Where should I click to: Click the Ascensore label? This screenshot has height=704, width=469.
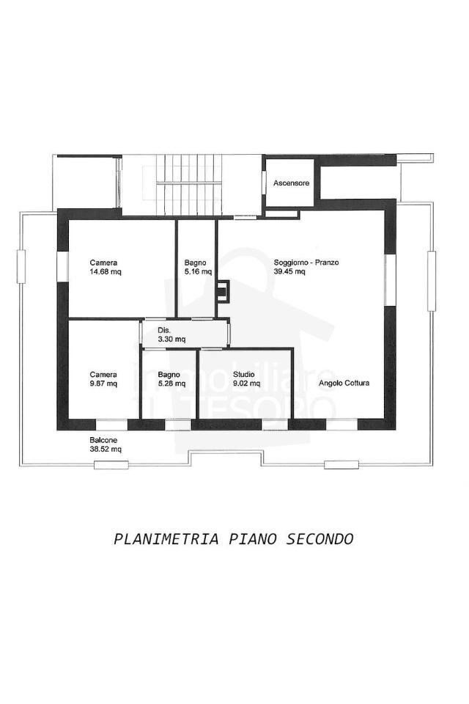click(x=292, y=183)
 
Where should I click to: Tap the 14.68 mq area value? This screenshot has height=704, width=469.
click(x=106, y=271)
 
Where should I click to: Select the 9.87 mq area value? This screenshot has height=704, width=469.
click(x=103, y=384)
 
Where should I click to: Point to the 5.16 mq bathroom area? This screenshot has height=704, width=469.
click(x=198, y=271)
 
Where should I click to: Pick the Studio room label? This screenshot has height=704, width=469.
click(x=244, y=374)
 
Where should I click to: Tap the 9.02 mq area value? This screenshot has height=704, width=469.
click(x=247, y=384)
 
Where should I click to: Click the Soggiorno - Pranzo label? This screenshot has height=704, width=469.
click(x=306, y=263)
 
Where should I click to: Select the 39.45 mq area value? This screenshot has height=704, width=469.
click(x=290, y=271)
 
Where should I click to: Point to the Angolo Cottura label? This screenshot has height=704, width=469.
click(x=344, y=384)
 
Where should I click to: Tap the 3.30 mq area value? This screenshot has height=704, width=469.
click(x=171, y=339)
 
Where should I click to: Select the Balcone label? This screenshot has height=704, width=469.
click(x=93, y=440)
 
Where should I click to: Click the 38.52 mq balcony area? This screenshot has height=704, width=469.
click(x=106, y=449)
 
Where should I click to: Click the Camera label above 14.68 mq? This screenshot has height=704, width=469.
click(x=103, y=263)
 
